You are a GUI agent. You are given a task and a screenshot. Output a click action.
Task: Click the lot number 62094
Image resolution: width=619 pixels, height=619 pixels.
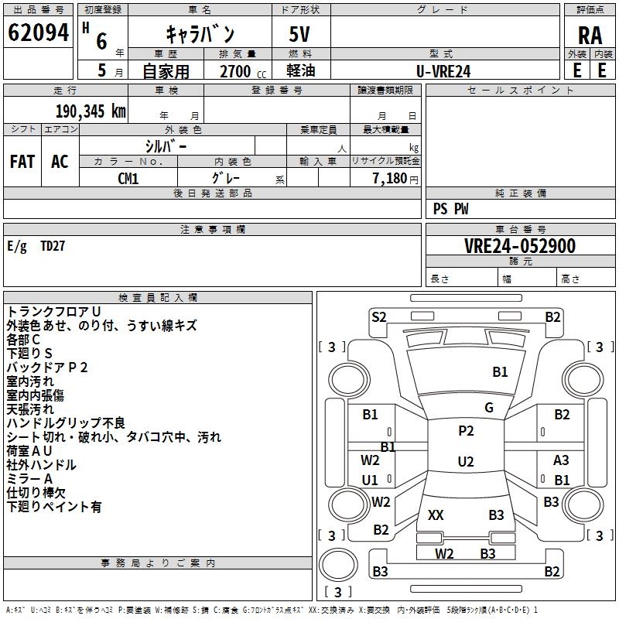pos(38,33)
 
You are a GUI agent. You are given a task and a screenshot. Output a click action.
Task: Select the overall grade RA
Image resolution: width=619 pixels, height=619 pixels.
pos(590,35)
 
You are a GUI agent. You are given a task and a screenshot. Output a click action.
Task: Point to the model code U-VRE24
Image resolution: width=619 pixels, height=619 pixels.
pos(443,71)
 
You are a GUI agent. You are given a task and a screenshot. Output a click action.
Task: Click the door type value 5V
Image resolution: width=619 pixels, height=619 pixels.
pos(299,35)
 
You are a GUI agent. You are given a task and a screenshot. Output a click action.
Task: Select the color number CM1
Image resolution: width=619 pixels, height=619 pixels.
pos(128,179)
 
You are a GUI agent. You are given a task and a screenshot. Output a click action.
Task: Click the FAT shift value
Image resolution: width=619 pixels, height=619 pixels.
pos(22,162)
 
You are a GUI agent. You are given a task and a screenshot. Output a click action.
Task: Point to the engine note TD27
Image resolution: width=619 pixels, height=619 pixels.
pos(53,246)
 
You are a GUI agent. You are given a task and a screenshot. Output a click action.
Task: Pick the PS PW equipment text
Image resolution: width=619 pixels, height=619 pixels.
pos(450,209)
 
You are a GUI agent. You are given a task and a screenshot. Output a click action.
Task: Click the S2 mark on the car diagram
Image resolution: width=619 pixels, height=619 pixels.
pos(378,316)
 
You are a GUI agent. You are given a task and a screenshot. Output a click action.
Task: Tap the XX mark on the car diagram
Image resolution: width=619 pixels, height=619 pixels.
pos(436,515)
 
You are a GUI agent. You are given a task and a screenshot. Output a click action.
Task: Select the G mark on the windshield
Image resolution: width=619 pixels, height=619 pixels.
pos(488,408)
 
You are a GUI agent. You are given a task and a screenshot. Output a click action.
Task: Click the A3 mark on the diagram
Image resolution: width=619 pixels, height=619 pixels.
pos(561,460)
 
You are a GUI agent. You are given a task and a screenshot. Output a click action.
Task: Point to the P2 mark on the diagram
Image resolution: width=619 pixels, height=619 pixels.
pos(466,431)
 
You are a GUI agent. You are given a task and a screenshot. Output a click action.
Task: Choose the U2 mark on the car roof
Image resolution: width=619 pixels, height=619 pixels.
pos(466,462)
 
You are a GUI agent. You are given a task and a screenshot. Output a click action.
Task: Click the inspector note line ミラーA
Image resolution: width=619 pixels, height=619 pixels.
pos(30,479)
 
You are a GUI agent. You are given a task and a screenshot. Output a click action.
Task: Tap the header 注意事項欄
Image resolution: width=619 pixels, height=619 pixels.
pos(213,230)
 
